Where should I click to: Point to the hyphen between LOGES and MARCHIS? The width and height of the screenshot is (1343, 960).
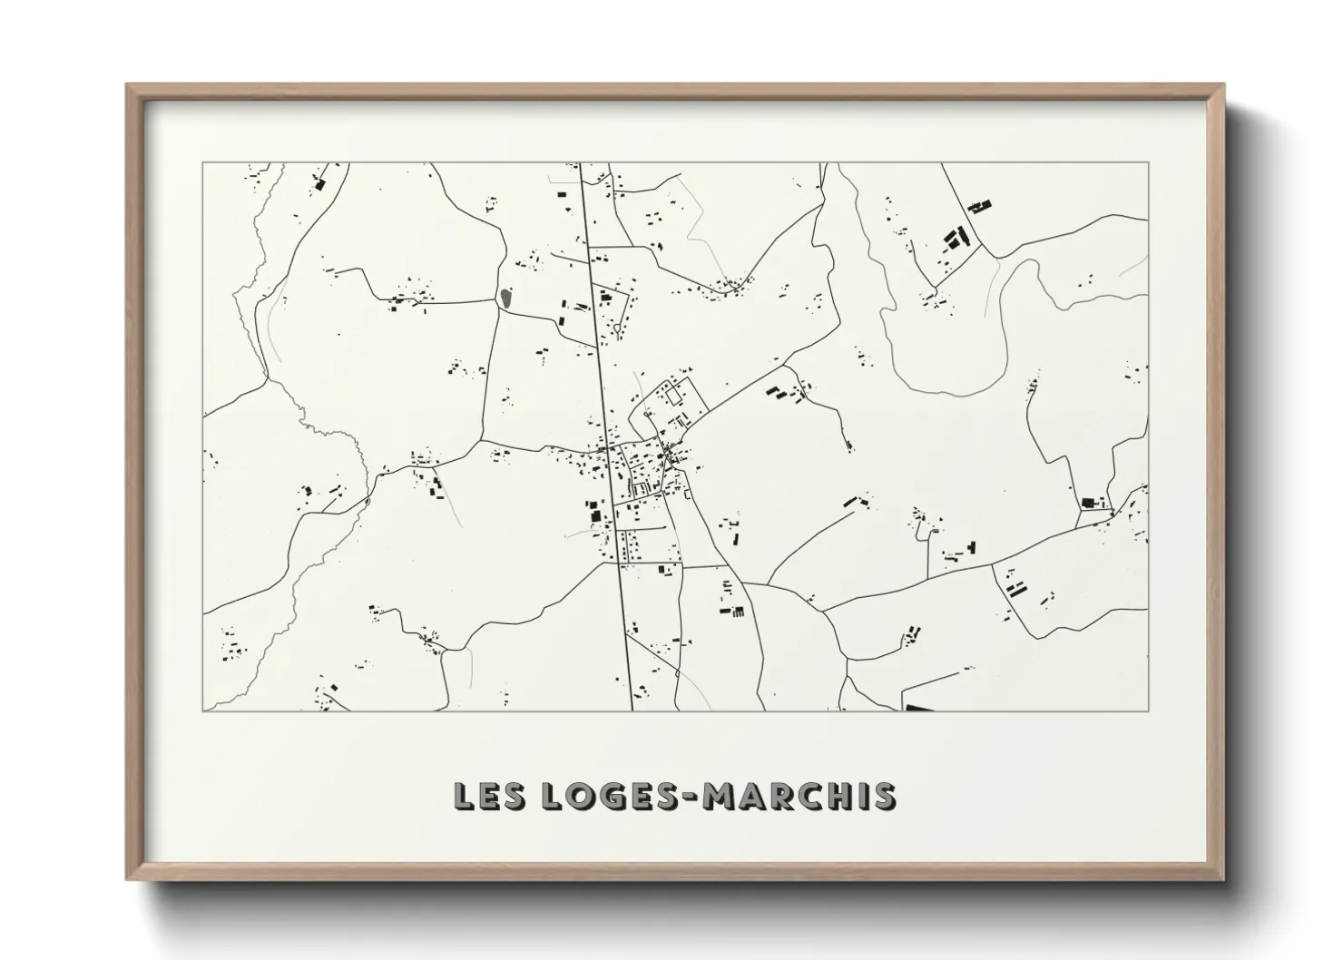click(691, 798)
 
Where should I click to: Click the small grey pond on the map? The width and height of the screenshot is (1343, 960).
click(505, 297)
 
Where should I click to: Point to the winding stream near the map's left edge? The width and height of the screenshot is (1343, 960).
click(272, 363)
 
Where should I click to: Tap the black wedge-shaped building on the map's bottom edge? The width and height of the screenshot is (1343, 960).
click(918, 707)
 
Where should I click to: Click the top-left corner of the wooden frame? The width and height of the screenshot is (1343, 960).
click(128, 85)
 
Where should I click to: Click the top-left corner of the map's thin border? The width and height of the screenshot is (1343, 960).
click(203, 163)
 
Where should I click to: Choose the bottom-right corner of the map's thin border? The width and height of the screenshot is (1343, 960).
click(1148, 710)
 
